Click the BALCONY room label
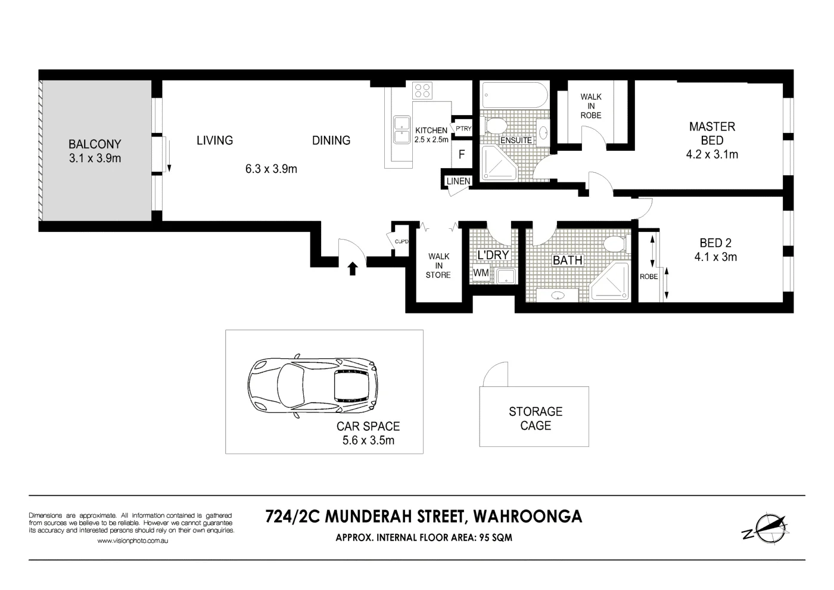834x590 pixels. coord(94,144)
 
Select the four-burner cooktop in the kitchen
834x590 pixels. coord(422,90)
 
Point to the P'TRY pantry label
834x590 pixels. coord(463,128)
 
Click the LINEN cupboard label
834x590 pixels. coord(458,181)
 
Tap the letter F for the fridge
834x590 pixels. coord(462,154)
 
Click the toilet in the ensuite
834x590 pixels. coord(494,126)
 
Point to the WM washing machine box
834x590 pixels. coord(481,273)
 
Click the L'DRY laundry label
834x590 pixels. coord(493,255)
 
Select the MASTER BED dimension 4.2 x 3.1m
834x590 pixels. coord(712,154)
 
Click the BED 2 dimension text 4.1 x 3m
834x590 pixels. coord(715,257)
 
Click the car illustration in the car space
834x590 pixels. coord(312,388)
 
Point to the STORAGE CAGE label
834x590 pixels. coord(535,418)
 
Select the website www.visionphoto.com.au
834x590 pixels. coord(133,541)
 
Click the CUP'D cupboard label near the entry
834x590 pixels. coord(402,241)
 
